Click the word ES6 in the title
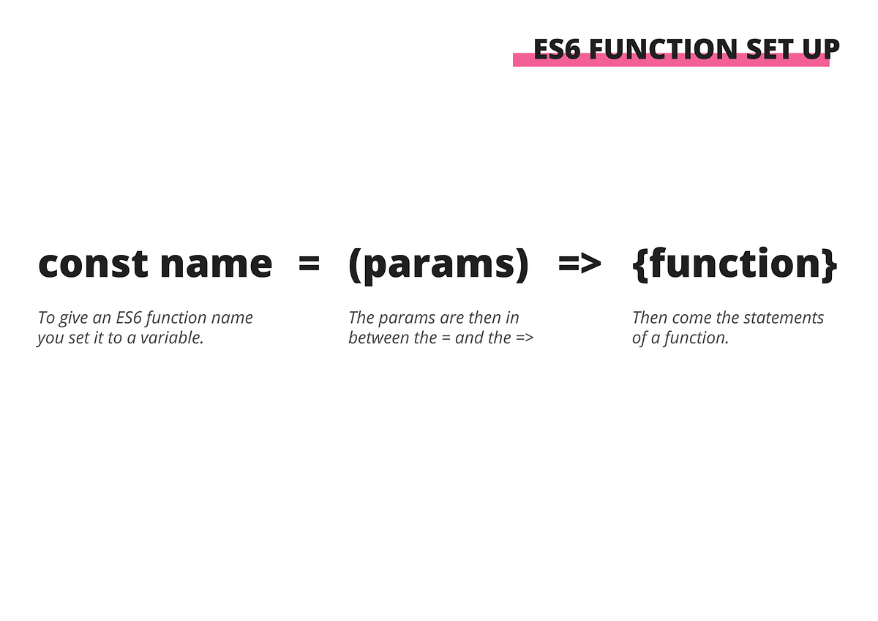click(558, 49)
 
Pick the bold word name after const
click(216, 264)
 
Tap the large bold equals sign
click(309, 264)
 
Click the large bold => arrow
click(579, 264)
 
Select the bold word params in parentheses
click(438, 265)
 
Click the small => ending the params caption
click(525, 338)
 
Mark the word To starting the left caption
click(47, 318)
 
